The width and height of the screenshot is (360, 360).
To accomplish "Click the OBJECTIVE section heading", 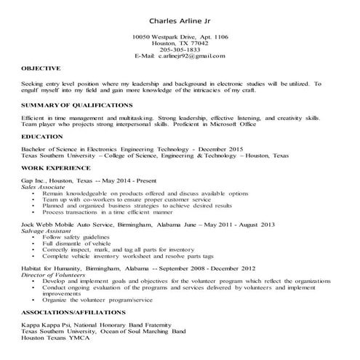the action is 41,68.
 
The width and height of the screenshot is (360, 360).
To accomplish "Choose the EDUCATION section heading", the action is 42,136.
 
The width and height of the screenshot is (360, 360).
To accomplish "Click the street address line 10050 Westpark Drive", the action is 180,36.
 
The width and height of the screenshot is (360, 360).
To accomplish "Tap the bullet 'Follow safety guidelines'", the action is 79,238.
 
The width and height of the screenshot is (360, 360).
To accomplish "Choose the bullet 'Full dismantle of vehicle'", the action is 79,244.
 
